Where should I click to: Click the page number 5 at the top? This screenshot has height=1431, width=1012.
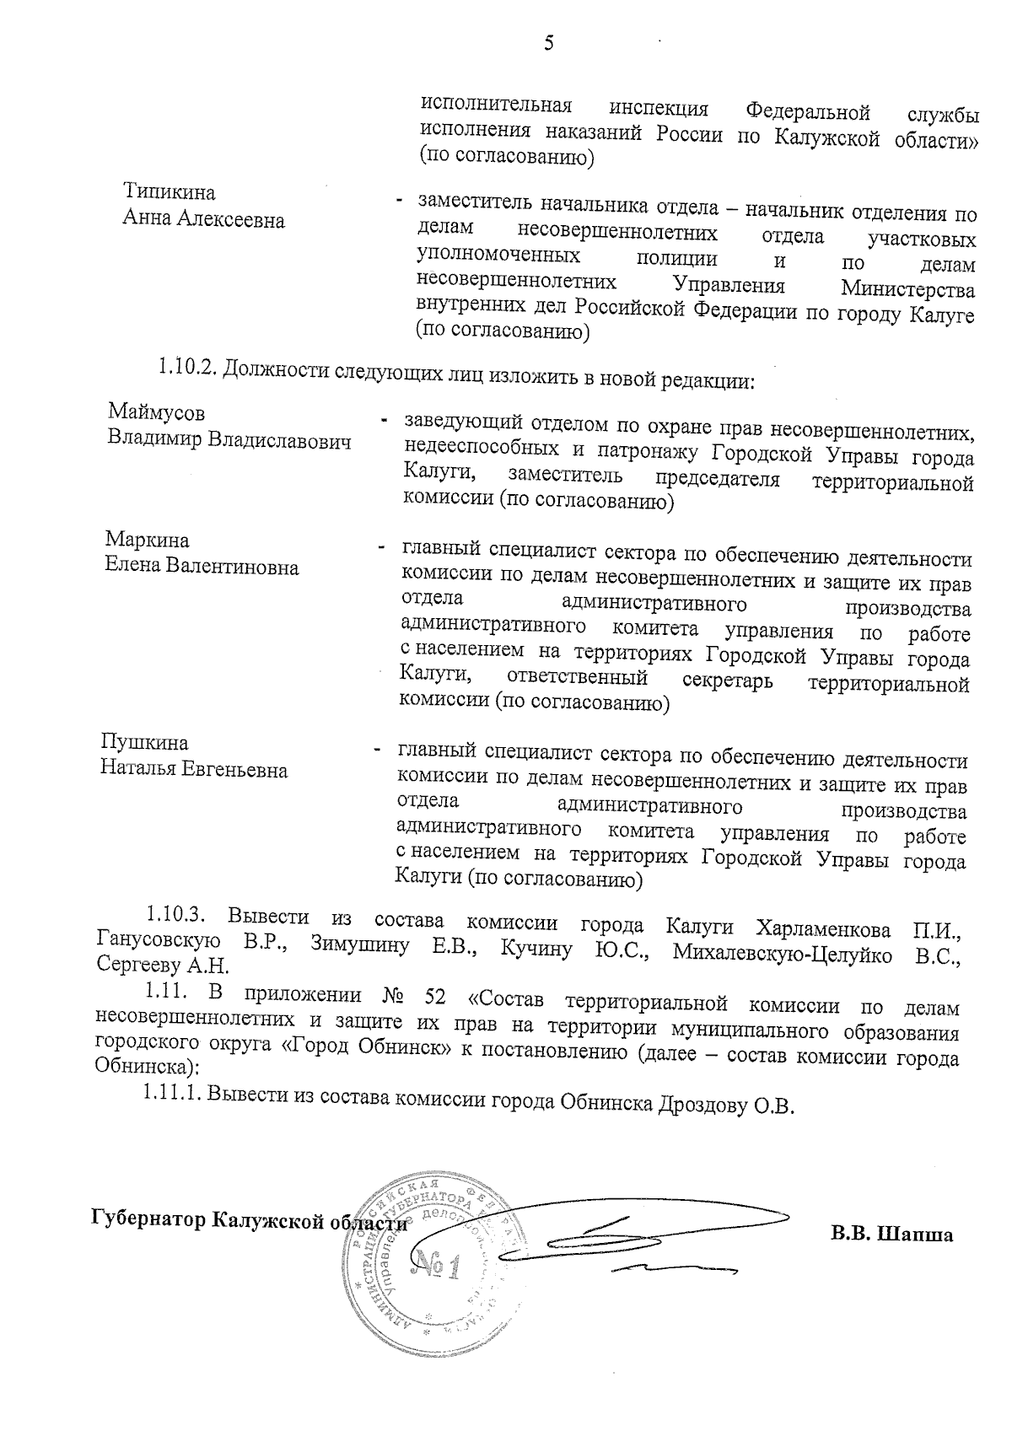coord(548,42)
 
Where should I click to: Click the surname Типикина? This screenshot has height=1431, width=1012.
coord(170,193)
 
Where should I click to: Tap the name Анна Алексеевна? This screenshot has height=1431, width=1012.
coord(204,220)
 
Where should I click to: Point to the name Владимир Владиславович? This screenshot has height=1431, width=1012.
coord(229,440)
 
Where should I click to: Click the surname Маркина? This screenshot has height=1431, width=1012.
coord(148,540)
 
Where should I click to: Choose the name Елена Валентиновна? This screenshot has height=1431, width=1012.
coord(202,567)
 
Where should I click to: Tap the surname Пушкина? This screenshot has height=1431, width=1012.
coord(144,742)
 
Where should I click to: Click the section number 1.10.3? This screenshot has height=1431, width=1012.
coord(177,914)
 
